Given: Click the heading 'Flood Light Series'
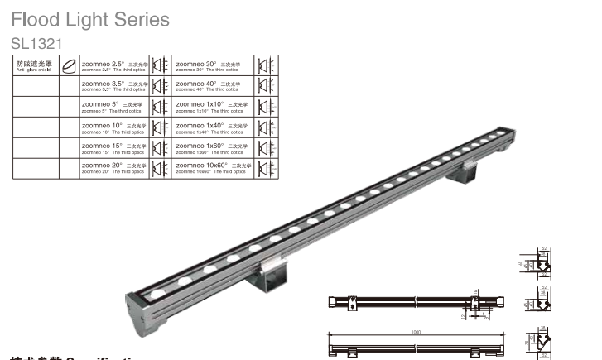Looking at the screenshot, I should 90,19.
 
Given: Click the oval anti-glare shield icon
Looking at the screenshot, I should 70,65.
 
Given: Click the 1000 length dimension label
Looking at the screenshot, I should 416,332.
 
